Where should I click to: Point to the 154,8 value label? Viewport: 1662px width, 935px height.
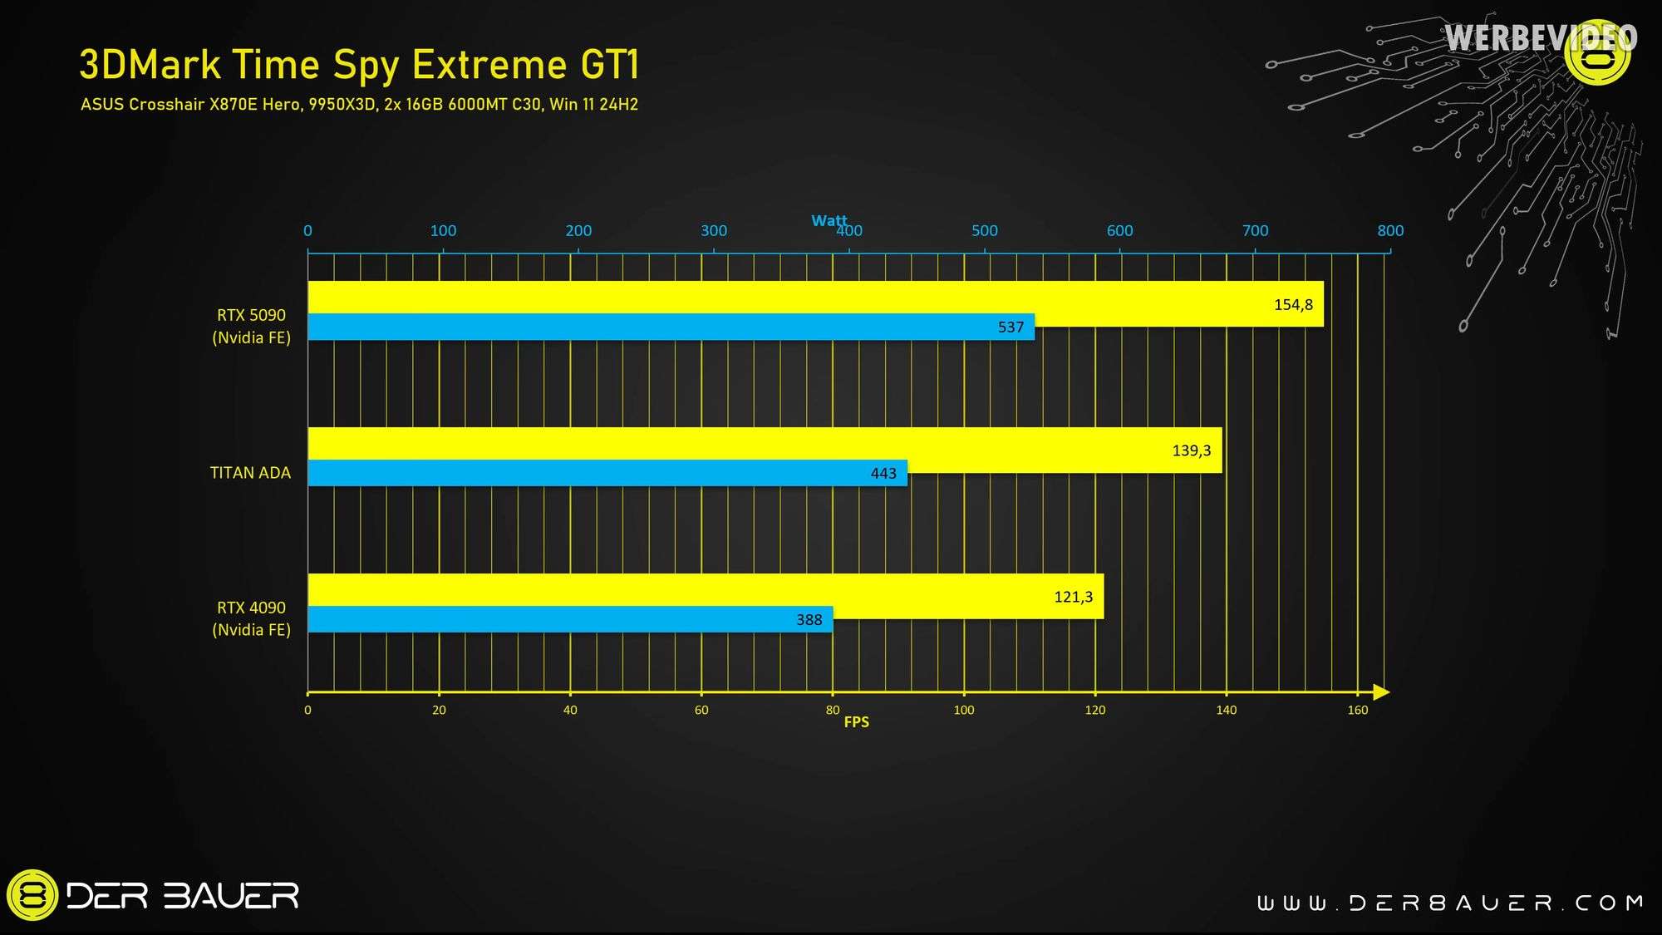(x=1293, y=305)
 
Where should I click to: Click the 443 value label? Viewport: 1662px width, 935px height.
(x=883, y=474)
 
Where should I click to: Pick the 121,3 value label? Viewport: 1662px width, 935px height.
(x=1073, y=597)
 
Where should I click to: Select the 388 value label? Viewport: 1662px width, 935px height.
(x=809, y=620)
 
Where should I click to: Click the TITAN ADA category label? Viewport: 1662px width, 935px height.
(x=250, y=473)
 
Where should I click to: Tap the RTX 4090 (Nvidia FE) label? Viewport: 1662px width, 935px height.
(x=251, y=618)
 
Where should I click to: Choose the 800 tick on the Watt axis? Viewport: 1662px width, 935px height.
(x=1390, y=231)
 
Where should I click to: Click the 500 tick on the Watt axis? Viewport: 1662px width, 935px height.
(x=985, y=231)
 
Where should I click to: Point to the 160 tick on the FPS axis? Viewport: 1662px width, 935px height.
(x=1357, y=710)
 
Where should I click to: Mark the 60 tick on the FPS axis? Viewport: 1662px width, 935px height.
(x=701, y=710)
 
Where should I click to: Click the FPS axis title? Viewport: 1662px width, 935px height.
(x=856, y=722)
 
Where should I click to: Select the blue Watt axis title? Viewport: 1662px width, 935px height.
(x=829, y=220)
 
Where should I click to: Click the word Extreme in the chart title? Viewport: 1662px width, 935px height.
(x=489, y=65)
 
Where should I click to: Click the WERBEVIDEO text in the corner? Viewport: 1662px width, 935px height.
(x=1540, y=38)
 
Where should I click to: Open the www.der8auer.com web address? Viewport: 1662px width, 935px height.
(x=1449, y=903)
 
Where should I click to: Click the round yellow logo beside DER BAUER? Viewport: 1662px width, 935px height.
(x=32, y=895)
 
